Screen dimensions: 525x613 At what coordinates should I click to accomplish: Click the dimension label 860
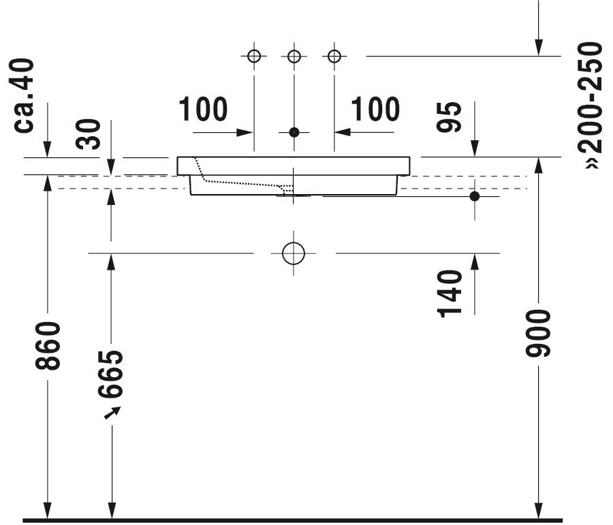pyautogui.click(x=48, y=345)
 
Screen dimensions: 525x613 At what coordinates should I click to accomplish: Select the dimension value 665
pyautogui.click(x=111, y=374)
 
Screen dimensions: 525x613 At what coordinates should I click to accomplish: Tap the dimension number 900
pyautogui.click(x=538, y=333)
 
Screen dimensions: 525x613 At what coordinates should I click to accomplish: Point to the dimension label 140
pyautogui.click(x=451, y=293)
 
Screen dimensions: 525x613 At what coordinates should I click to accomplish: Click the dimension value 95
pyautogui.click(x=451, y=116)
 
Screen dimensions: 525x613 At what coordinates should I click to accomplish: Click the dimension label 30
pyautogui.click(x=89, y=134)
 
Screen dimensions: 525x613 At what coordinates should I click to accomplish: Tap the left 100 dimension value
pyautogui.click(x=203, y=109)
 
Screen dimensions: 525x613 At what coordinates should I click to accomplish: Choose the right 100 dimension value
pyautogui.click(x=375, y=109)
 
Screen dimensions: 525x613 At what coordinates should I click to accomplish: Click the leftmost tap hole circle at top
pyautogui.click(x=254, y=56)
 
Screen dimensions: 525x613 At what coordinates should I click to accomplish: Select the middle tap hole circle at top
pyautogui.click(x=294, y=56)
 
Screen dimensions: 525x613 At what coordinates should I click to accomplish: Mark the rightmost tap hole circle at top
pyautogui.click(x=334, y=56)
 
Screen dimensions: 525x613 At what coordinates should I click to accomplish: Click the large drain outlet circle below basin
pyautogui.click(x=294, y=253)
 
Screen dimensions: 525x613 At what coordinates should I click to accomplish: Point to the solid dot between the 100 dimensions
pyautogui.click(x=294, y=132)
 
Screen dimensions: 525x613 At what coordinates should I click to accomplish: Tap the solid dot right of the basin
pyautogui.click(x=475, y=196)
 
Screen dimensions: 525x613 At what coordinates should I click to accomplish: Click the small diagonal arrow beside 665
pyautogui.click(x=112, y=412)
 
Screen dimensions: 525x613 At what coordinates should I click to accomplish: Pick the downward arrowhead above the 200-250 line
pyautogui.click(x=538, y=46)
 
